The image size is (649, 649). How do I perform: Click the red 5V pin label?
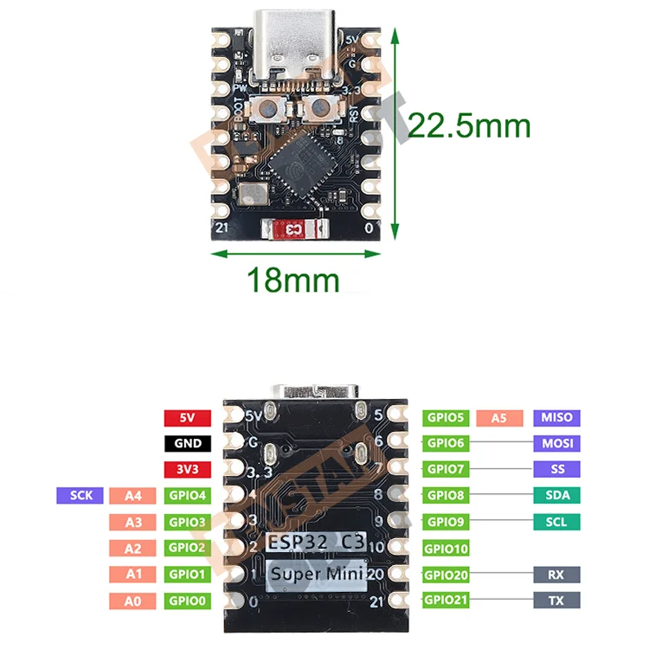click(188, 418)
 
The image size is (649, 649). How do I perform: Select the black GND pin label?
click(188, 444)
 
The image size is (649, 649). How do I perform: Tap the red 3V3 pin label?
click(188, 470)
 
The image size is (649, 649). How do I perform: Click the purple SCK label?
click(80, 496)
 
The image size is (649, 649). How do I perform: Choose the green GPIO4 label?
click(188, 496)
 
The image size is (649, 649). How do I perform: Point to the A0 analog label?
click(132, 600)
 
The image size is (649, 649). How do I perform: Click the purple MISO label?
click(556, 418)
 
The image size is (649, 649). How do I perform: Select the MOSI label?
click(556, 444)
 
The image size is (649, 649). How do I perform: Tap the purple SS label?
click(556, 470)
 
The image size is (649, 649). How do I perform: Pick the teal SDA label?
click(556, 496)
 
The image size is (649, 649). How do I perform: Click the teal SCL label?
click(556, 522)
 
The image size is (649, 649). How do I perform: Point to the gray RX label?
click(556, 574)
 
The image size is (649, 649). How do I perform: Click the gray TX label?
click(556, 600)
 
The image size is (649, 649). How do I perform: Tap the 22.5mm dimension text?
click(468, 126)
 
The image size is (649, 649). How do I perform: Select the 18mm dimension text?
click(293, 280)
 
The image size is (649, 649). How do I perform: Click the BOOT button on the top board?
click(269, 110)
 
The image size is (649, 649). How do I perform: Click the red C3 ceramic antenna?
click(295, 229)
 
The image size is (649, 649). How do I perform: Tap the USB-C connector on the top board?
click(296, 43)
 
